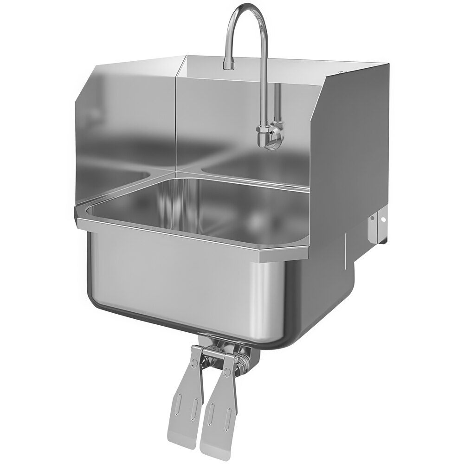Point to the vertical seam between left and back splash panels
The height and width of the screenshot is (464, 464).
coord(176,116)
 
